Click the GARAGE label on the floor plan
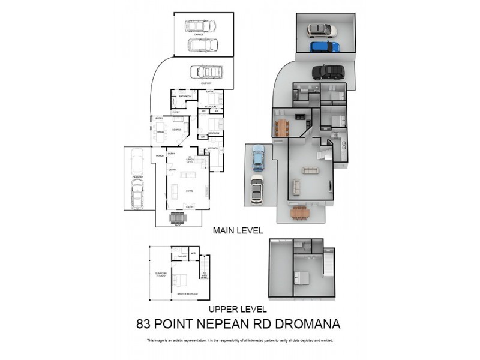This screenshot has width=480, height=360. pyautogui.click(x=199, y=35)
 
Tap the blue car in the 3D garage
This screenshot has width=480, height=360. pyautogui.click(x=324, y=46)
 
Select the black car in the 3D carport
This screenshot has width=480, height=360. pyautogui.click(x=328, y=73)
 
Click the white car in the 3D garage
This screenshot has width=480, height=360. pyautogui.click(x=322, y=30)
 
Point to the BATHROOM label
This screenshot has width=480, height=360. pyautogui.click(x=185, y=97)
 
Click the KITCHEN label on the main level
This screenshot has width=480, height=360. pyautogui.click(x=212, y=148)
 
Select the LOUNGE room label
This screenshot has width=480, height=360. pyautogui.click(x=177, y=129)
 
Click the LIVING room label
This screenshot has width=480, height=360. pyautogui.click(x=190, y=191)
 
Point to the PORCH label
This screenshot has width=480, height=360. pyautogui.click(x=160, y=156)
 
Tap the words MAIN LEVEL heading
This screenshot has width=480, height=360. pyautogui.click(x=238, y=230)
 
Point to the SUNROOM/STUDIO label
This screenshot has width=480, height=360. pyautogui.click(x=160, y=274)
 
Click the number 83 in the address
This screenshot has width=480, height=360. pyautogui.click(x=143, y=324)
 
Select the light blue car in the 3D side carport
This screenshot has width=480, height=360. pyautogui.click(x=258, y=157)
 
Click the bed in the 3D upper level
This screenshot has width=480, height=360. pyautogui.click(x=302, y=277)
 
